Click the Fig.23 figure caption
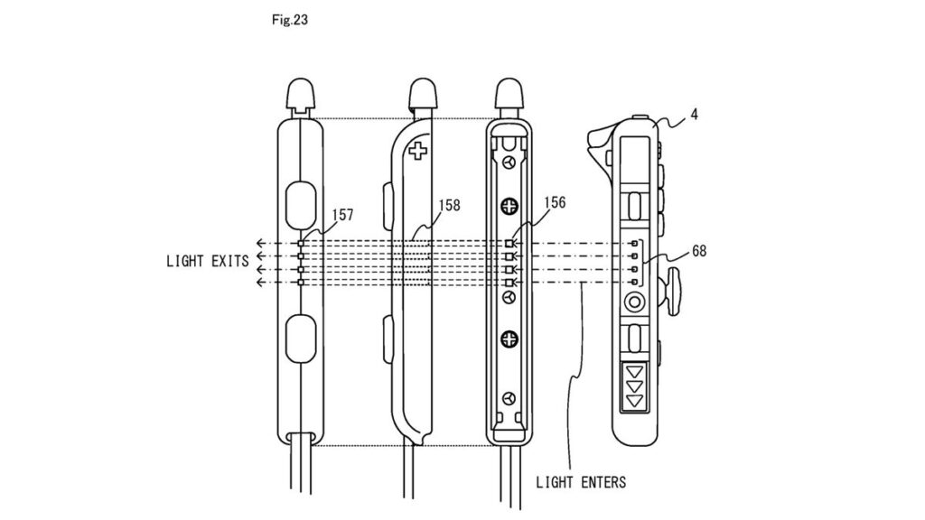coord(290,20)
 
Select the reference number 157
coord(342,215)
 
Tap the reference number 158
coord(449,205)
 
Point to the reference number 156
coord(555,203)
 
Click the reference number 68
coord(699,251)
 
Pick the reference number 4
coord(694,115)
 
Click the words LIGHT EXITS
coord(208,261)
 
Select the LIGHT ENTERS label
coord(581,482)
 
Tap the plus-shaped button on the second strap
coord(418,150)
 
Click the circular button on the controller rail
coord(635,303)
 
